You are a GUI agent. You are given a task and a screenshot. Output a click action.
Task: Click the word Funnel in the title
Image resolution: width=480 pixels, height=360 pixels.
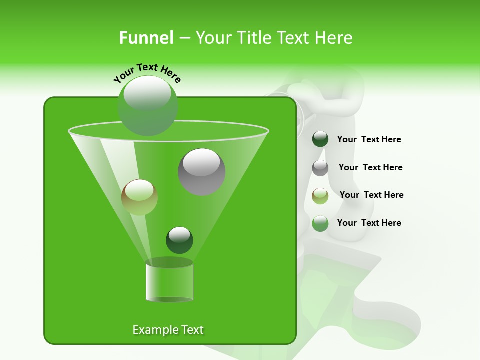coord(146,38)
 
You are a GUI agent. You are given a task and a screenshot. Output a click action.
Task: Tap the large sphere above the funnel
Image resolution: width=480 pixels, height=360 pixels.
coord(147,106)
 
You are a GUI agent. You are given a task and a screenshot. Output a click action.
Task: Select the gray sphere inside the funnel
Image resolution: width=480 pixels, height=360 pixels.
coord(202,171)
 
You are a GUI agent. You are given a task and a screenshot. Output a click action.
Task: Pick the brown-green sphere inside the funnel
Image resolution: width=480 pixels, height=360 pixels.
coord(139,197)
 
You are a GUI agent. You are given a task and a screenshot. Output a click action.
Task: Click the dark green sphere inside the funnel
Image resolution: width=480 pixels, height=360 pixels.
coord(179,240)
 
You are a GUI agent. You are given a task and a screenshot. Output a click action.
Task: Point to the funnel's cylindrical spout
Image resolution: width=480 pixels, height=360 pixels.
coord(170,282)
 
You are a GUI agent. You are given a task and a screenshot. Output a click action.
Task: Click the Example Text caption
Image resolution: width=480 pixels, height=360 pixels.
coord(168,330)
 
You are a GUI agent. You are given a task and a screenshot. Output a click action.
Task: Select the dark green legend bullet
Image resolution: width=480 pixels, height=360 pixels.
coord(320,139)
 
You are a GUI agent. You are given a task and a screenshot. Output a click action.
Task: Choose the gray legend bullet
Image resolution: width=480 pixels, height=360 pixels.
coord(320,168)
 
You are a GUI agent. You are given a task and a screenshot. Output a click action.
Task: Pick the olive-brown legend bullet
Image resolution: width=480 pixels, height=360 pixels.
coord(320,196)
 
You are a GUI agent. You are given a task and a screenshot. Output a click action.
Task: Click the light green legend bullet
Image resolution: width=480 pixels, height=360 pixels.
coord(320,223)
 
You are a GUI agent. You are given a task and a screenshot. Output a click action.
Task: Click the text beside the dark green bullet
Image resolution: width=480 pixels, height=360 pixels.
coord(369,140)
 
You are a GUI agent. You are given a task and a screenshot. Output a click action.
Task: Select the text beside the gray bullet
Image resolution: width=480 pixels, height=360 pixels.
coord(370,168)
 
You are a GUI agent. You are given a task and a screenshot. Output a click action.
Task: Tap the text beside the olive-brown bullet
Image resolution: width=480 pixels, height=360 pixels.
coord(371,195)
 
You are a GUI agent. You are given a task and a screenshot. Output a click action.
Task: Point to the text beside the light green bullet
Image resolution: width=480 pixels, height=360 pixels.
coord(369,223)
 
